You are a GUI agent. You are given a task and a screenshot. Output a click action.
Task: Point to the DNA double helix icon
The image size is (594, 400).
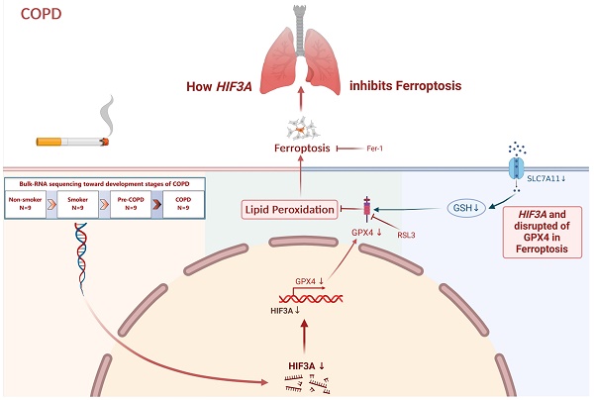pos(81,258)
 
